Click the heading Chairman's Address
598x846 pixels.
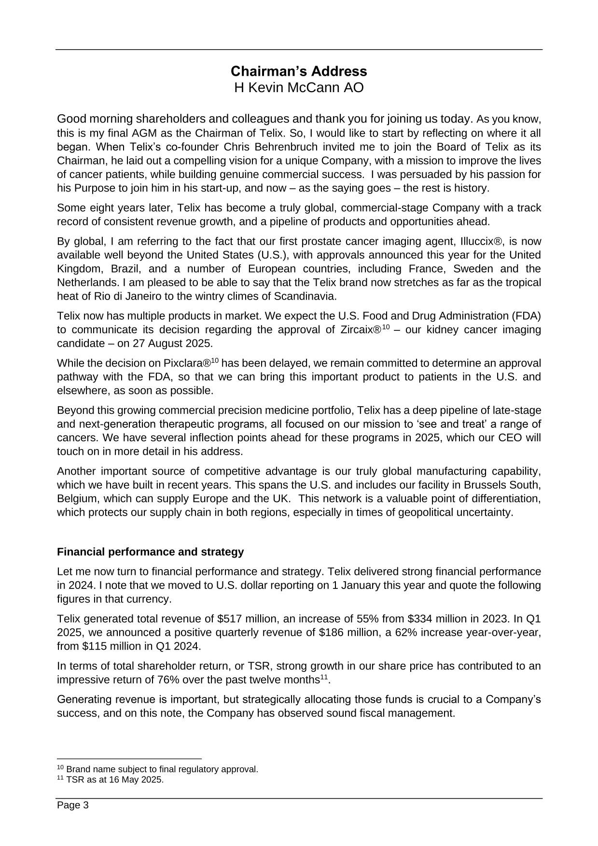coord(299,71)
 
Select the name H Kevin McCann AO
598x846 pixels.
coord(299,88)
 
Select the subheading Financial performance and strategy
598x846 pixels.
coord(150,551)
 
